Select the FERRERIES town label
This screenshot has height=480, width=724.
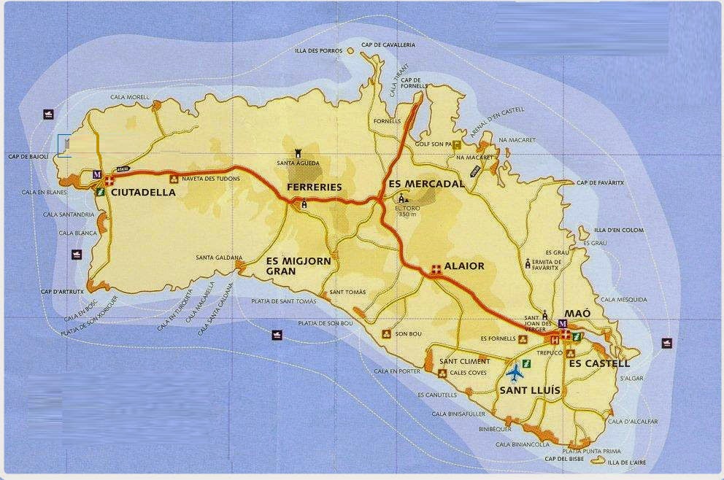pos(315,187)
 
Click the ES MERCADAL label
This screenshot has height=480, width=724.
pos(427,184)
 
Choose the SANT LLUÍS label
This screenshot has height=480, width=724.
pos(530,390)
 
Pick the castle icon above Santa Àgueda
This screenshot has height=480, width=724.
pos(298,152)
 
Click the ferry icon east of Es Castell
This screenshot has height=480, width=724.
pos(666,342)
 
